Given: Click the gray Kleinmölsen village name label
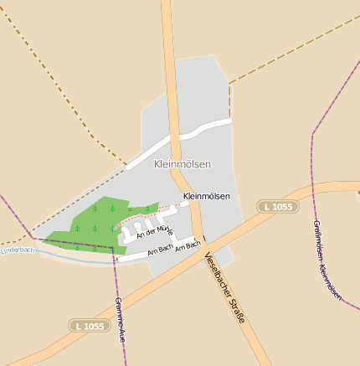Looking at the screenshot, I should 183,164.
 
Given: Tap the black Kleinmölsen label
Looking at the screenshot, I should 205,196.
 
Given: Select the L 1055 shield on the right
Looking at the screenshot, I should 278,206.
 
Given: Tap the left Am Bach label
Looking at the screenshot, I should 160,250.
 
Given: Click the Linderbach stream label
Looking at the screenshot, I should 18,250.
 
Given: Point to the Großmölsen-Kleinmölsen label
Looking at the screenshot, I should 326,260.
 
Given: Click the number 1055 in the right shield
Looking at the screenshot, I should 282,206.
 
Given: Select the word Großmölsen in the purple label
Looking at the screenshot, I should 316,240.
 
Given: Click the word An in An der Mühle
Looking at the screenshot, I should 138,235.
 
